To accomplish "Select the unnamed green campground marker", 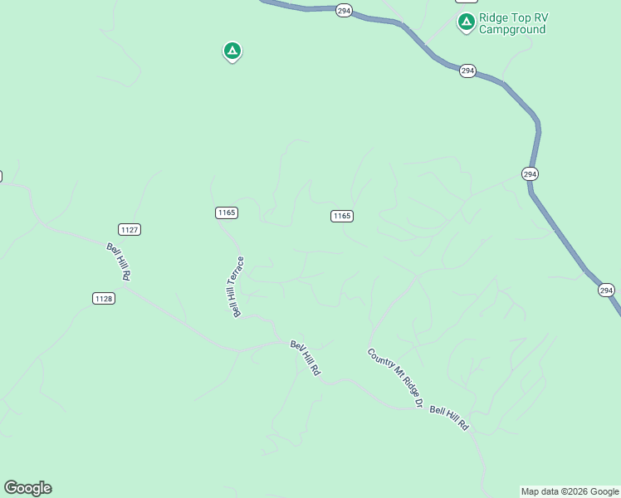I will click(x=232, y=51).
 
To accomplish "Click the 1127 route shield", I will click(x=129, y=229).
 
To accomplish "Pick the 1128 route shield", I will click(x=103, y=298).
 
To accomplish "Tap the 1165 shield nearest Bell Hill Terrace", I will click(x=226, y=212).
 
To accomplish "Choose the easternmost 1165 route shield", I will click(x=341, y=216).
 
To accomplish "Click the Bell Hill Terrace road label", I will click(x=237, y=286).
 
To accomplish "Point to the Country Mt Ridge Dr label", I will click(x=396, y=378).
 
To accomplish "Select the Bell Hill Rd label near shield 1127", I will click(x=119, y=261).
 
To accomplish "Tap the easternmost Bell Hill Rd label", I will click(x=449, y=418).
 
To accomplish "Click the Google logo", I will click(x=27, y=488).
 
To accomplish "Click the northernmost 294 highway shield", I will click(x=345, y=11).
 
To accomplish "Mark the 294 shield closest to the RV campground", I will click(x=467, y=71).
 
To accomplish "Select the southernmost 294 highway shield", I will click(x=606, y=290).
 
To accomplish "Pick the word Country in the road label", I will click(x=380, y=361).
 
